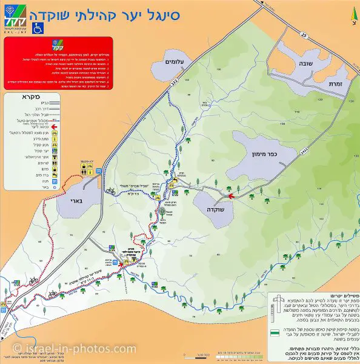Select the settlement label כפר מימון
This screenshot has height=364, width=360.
pos(265,155)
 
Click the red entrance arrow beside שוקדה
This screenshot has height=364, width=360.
pos(230,195)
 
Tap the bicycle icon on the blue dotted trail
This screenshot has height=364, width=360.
pos(110,190)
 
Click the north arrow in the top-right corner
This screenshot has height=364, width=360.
pos(352,14)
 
